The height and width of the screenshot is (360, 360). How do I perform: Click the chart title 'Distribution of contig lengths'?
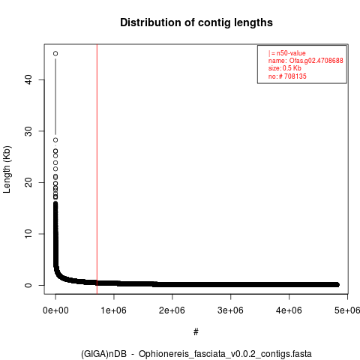coord(196,22)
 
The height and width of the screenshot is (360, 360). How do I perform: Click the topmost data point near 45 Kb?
coord(55,53)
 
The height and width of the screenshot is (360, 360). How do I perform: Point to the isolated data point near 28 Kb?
coord(55,140)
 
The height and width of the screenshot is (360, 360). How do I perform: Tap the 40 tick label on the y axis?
coord(28,79)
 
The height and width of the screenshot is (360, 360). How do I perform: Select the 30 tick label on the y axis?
coord(28,131)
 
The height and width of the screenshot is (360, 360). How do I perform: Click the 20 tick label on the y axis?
coord(28,182)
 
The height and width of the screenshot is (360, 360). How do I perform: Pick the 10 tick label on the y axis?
coord(28,234)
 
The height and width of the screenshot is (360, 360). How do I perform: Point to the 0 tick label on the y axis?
coord(28,285)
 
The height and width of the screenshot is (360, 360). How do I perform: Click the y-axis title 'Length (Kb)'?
coord(7,169)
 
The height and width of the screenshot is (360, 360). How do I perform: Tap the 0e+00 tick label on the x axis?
coord(55,310)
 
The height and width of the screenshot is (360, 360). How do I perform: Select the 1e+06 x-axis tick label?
coord(114,310)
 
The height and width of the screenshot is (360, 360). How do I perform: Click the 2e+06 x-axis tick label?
coord(172,310)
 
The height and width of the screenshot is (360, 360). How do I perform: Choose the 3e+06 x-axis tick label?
coord(230,310)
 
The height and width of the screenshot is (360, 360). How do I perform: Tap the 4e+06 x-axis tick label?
coord(289,310)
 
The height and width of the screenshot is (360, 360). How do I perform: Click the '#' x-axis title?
coord(196,332)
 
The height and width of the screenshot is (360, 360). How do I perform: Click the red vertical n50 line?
coord(97,169)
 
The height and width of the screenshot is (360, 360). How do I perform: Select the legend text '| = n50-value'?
coord(287,53)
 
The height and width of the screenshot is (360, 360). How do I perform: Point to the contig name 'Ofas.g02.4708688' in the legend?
coord(316,61)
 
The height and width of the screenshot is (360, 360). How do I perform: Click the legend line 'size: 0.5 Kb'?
coord(285,68)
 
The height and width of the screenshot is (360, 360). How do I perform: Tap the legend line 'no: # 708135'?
coord(287,76)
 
